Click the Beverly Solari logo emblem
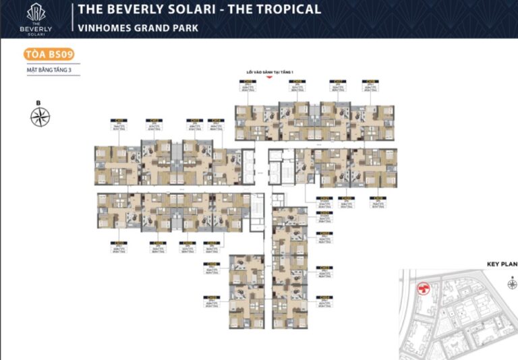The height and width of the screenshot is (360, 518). click(36, 11)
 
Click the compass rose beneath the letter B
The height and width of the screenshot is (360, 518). click(39, 117)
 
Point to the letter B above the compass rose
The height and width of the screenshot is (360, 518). click(39, 102)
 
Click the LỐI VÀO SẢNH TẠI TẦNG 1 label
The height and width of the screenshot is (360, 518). click(269, 71)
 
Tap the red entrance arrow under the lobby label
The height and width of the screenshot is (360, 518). click(270, 78)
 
